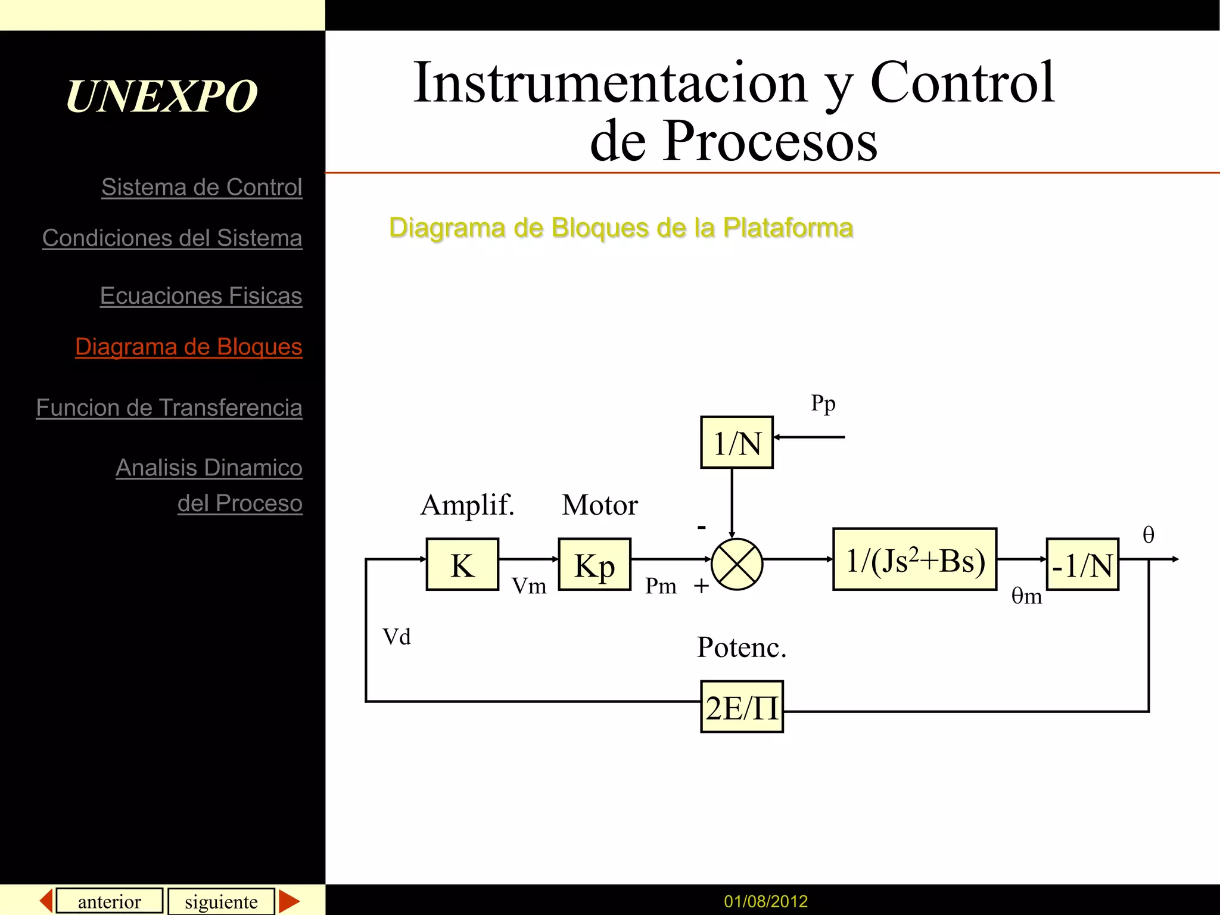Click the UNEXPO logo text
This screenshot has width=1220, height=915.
coord(161,96)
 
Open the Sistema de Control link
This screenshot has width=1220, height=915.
coord(201,187)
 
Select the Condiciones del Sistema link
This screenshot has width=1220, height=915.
coord(172,238)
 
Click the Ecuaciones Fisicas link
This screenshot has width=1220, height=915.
coord(201,295)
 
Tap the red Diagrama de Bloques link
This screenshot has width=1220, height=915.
coord(188,347)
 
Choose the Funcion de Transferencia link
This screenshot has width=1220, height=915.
coord(169,407)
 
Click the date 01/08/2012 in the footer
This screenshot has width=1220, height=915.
coord(765,901)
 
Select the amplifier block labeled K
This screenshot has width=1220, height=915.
coord(462,564)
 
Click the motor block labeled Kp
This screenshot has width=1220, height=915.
coord(594,564)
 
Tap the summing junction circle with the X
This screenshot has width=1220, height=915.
coord(737,564)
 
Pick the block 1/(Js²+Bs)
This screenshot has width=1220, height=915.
coord(914,559)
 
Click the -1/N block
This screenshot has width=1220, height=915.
coord(1082,564)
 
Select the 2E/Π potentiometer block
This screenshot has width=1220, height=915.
coord(742,707)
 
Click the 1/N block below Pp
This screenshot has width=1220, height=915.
coord(737,443)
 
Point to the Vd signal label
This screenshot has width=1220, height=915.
coord(397,637)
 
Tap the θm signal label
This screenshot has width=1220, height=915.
coord(1026,596)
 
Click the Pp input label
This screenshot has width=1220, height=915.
coord(823,404)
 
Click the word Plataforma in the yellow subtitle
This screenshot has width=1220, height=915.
coord(788,228)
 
